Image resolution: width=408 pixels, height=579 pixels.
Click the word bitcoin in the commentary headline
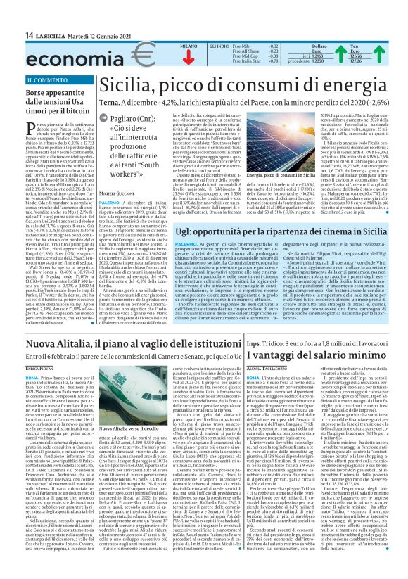79,111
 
